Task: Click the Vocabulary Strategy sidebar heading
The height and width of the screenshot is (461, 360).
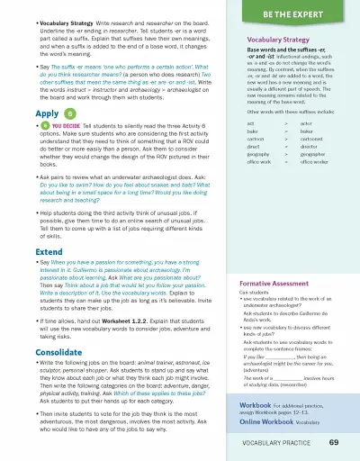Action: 278,41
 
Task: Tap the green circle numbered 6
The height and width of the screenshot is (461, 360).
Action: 70,114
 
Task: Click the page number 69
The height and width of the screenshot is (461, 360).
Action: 334,443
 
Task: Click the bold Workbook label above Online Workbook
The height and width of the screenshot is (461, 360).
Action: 256,406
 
